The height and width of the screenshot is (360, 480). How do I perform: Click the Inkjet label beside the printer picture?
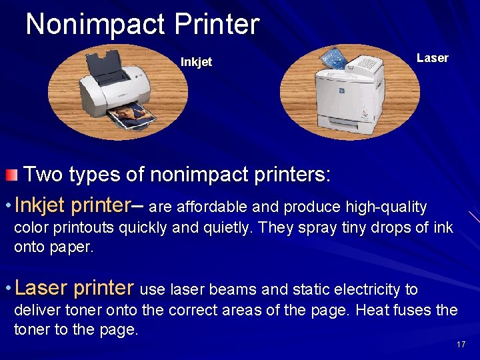196,62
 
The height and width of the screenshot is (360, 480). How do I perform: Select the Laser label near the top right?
432,58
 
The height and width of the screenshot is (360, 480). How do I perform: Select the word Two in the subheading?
43,175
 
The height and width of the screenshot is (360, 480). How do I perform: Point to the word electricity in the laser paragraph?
376,289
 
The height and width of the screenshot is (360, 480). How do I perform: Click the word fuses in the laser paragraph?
417,310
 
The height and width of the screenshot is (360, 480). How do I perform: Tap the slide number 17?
461,345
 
